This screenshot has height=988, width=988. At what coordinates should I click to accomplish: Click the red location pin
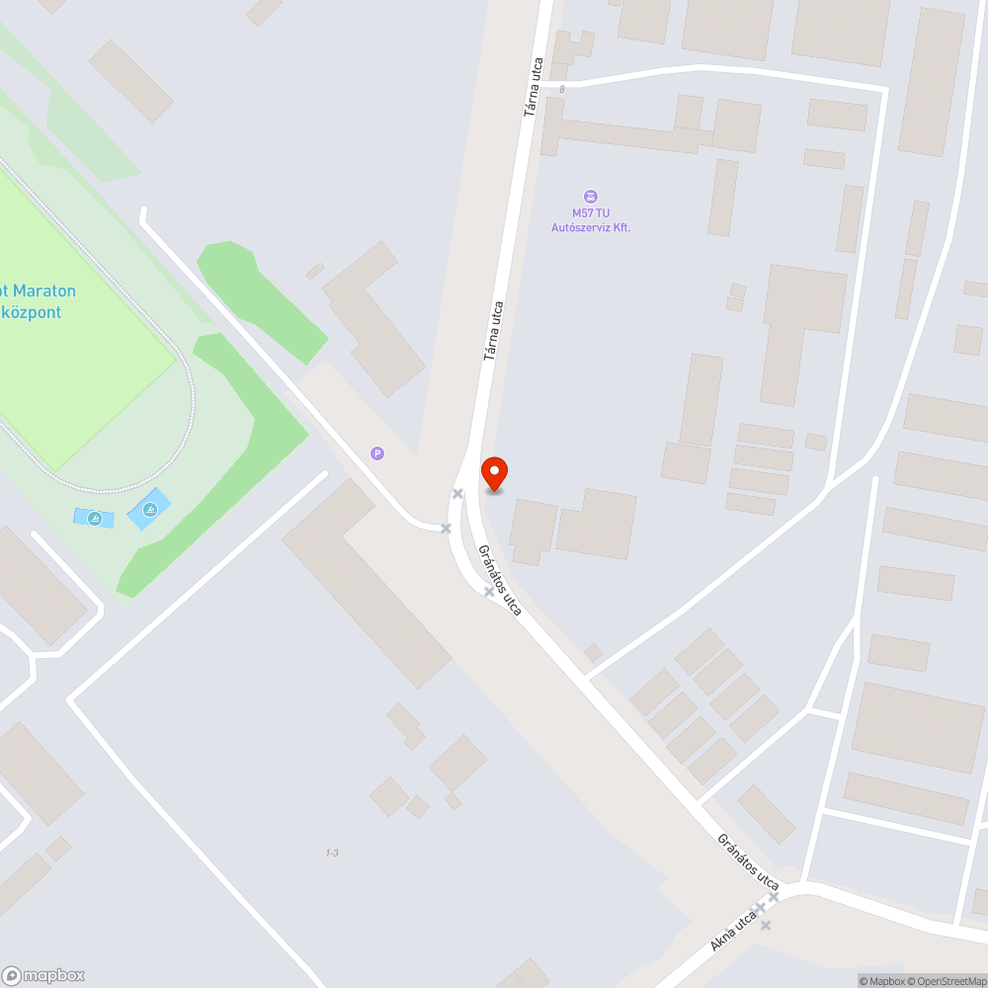[493, 472]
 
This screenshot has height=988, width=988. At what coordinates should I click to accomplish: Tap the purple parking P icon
[376, 453]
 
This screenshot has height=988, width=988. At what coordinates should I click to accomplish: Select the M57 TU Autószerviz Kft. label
[590, 220]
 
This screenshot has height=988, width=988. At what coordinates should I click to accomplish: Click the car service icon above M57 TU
[591, 196]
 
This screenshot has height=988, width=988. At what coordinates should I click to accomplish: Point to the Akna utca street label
[732, 931]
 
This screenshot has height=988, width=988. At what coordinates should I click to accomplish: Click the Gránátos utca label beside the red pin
[500, 580]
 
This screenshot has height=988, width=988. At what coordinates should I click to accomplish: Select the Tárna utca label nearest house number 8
[535, 87]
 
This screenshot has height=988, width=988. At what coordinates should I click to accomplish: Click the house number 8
[561, 90]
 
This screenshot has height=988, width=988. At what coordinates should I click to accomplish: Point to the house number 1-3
[332, 853]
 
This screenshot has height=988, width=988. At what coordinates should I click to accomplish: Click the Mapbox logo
[43, 975]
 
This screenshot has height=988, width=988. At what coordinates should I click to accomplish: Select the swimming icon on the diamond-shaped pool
[149, 510]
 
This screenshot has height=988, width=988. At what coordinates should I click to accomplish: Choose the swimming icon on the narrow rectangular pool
[94, 518]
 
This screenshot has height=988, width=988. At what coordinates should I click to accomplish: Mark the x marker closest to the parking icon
[446, 529]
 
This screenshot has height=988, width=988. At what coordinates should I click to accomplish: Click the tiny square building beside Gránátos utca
[593, 652]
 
